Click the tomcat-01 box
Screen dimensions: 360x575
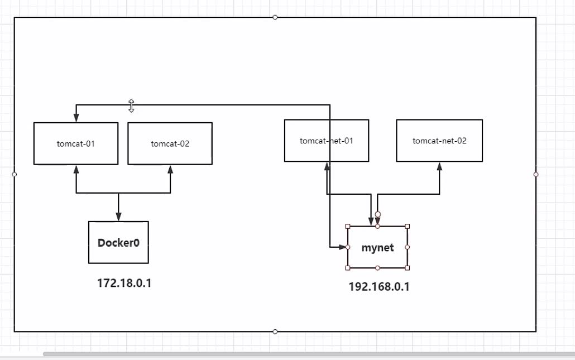pos(76,143)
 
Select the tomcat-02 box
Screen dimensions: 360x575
pos(170,143)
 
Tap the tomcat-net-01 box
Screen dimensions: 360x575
pos(326,140)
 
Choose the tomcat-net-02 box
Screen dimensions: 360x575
pos(439,141)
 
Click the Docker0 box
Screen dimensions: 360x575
pos(118,242)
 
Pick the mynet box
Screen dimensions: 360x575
pos(377,247)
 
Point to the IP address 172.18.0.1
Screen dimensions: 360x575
pos(124,283)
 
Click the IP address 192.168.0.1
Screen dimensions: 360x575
pos(379,287)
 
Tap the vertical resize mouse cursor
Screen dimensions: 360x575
pos(131,105)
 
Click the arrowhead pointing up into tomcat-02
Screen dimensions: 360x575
pos(170,169)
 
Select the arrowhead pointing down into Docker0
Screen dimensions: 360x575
pos(118,217)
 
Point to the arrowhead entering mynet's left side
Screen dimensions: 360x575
pos(342,247)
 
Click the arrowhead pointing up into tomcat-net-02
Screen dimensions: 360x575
pos(439,166)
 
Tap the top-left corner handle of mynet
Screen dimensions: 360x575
pos(348,226)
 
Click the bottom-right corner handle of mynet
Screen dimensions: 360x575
pos(407,268)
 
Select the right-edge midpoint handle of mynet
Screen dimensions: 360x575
pos(407,247)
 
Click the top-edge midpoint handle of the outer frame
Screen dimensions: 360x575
pos(275,17)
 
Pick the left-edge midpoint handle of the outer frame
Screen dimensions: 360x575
pos(15,174)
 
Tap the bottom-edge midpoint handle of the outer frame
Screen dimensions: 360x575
pos(275,332)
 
